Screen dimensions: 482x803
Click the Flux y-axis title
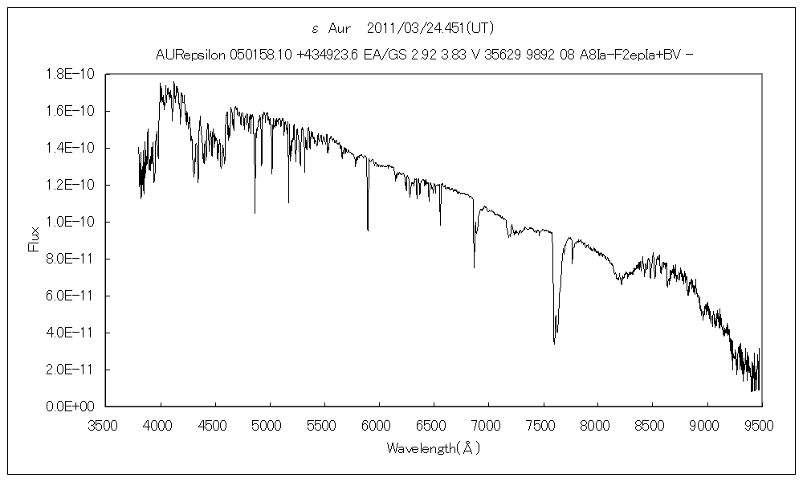pos(34,239)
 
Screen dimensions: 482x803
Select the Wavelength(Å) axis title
pos(434,447)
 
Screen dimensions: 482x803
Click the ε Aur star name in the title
pos(328,28)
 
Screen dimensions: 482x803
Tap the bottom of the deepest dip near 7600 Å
pos(554,343)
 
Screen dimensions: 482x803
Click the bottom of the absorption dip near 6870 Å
pos(474,268)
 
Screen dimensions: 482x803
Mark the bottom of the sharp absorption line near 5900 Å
pos(368,231)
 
